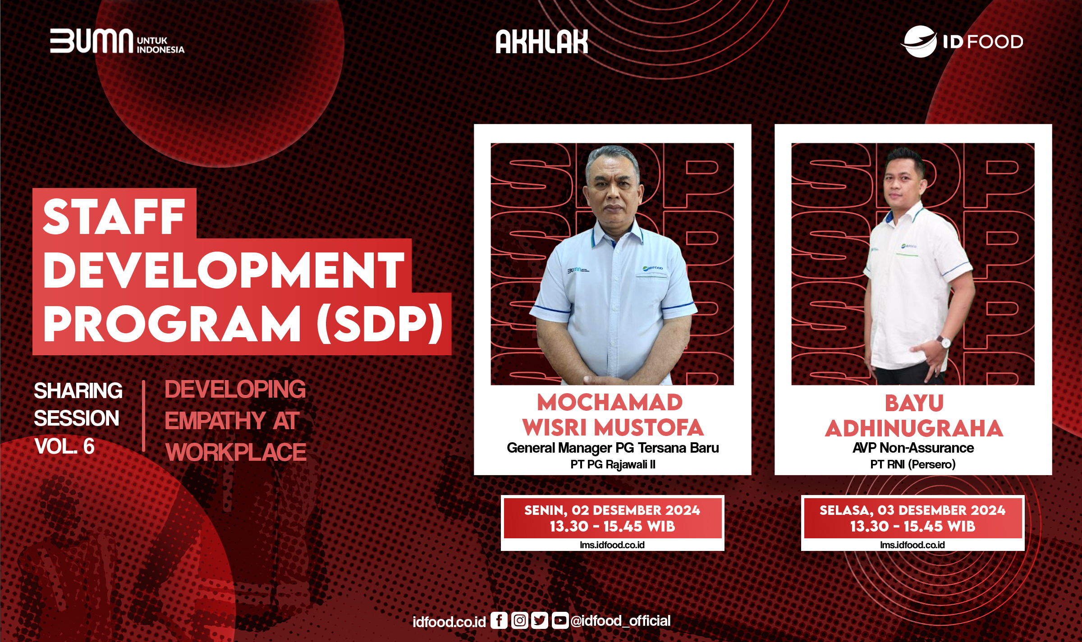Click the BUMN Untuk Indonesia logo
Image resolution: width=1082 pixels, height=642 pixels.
tap(117, 41)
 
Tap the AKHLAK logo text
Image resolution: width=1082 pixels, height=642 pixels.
tap(541, 42)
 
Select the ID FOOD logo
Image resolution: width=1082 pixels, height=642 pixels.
tap(962, 41)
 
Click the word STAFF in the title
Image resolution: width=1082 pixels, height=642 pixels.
tap(114, 217)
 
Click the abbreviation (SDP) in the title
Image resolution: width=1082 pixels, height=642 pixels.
tap(380, 324)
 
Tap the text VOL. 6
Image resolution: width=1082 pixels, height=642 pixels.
tap(64, 446)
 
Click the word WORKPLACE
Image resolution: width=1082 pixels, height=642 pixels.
tap(236, 452)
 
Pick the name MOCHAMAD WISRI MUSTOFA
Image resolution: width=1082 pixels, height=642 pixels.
tap(612, 415)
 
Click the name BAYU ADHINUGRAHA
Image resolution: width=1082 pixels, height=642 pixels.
tap(914, 416)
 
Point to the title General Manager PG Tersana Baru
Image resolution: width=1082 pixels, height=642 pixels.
tap(612, 448)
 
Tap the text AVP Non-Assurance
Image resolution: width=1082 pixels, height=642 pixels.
tap(913, 448)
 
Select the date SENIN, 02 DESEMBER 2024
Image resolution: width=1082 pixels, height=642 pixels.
tap(612, 510)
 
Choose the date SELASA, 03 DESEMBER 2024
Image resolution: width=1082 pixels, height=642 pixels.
tap(912, 510)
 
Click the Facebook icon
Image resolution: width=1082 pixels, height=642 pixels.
tap(499, 620)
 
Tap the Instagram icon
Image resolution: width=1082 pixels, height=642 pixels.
tap(519, 620)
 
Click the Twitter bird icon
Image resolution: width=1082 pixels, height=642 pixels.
tap(539, 620)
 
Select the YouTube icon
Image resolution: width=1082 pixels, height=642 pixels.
tap(559, 620)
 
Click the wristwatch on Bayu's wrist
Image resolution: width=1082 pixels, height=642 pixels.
tap(944, 341)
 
